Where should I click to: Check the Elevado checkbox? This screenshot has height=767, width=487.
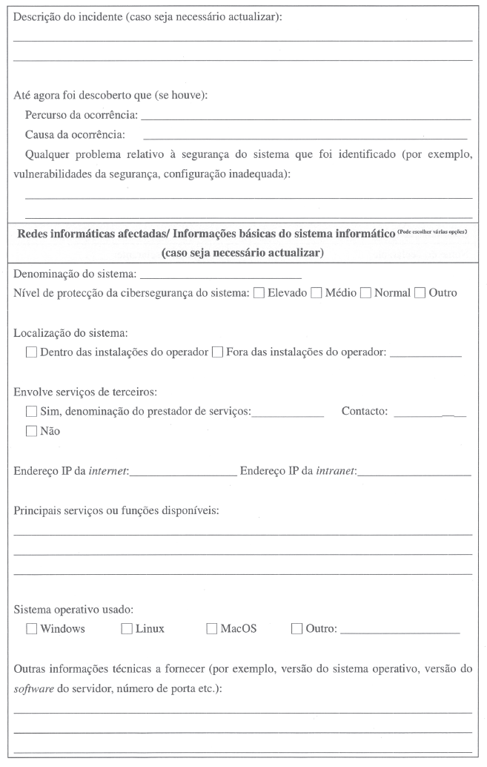pyautogui.click(x=259, y=293)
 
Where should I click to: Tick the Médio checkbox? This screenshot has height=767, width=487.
pyautogui.click(x=316, y=293)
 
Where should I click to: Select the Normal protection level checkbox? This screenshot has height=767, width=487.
pyautogui.click(x=365, y=293)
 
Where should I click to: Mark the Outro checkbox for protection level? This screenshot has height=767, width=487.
pyautogui.click(x=420, y=293)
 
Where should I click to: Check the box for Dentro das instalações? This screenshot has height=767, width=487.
pyautogui.click(x=31, y=352)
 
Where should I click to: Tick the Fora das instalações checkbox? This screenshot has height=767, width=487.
pyautogui.click(x=218, y=352)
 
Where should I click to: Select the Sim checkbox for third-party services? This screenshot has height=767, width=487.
pyautogui.click(x=31, y=412)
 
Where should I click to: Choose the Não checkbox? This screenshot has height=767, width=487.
pyautogui.click(x=31, y=431)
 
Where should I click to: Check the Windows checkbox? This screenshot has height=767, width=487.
pyautogui.click(x=31, y=629)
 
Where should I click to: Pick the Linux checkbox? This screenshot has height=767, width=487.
pyautogui.click(x=126, y=629)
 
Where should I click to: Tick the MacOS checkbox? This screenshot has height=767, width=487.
pyautogui.click(x=212, y=629)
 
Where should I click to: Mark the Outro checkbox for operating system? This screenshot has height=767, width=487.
pyautogui.click(x=297, y=629)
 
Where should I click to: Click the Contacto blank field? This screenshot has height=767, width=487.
pyautogui.click(x=430, y=412)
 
